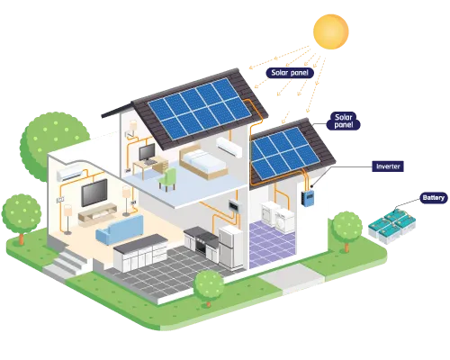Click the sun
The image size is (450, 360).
click(x=331, y=31)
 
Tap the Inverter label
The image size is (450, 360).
click(x=388, y=166)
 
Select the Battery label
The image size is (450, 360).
click(x=434, y=198)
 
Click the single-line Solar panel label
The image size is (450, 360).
click(x=290, y=73)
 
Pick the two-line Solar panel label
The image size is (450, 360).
click(x=344, y=121)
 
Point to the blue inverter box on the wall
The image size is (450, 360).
click(x=308, y=198)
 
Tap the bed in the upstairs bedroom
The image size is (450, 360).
click(x=202, y=163)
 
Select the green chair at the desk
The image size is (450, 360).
click(x=167, y=179)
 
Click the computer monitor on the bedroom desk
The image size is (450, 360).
click(x=148, y=152)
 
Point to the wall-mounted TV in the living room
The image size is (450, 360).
click(x=94, y=193)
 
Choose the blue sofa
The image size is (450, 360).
click(x=120, y=229)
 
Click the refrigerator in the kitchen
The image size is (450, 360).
click(x=230, y=247)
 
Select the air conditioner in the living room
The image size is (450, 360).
click(x=69, y=174)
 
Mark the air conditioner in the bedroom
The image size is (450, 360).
click(x=229, y=147)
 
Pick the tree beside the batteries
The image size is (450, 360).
click(x=347, y=230)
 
